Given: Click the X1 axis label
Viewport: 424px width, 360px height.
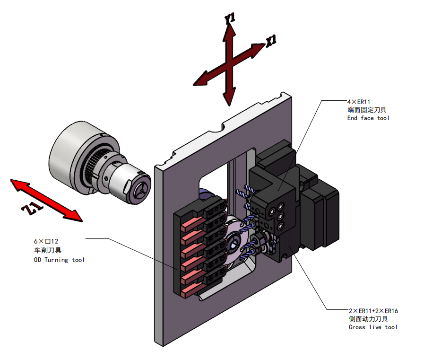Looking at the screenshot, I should (271, 41).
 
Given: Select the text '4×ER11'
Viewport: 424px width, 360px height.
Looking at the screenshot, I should (358, 101).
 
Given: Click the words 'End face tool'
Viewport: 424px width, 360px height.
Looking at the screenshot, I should (368, 118).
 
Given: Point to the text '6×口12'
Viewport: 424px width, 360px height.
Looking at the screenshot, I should (46, 241).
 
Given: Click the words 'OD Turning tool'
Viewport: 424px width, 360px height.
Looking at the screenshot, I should (59, 260).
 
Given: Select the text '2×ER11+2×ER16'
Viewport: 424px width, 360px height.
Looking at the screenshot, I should (373, 311).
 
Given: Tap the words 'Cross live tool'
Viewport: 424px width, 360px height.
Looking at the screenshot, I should (373, 327).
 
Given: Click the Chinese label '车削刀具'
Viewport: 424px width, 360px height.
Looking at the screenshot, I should (47, 250).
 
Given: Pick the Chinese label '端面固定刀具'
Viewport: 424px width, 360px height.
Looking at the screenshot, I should (367, 109).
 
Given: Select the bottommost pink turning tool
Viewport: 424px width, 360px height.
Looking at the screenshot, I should (191, 289).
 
